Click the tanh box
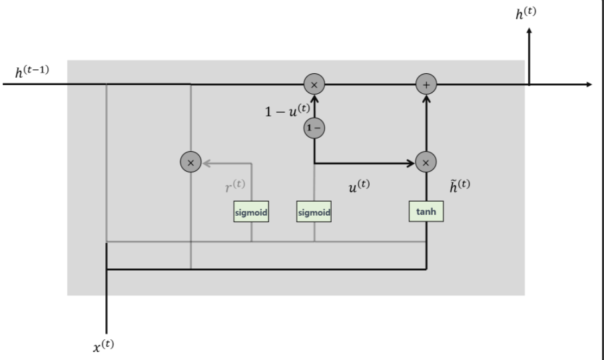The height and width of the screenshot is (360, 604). coord(426,211)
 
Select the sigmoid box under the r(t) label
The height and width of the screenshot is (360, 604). coord(251,212)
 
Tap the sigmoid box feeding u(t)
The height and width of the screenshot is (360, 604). coord(314,212)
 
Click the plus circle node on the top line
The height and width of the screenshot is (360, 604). coord(426,85)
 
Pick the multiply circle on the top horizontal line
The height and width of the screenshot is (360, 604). coord(314,85)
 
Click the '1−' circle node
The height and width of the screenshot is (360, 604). coord(314,126)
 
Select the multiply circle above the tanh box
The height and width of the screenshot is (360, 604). coord(426,162)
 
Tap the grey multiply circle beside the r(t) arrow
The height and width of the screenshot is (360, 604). coord(191,162)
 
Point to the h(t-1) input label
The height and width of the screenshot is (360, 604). coord(32,70)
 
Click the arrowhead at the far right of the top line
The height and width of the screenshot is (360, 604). coord(587,85)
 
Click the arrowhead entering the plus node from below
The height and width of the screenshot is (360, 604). coord(426,98)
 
